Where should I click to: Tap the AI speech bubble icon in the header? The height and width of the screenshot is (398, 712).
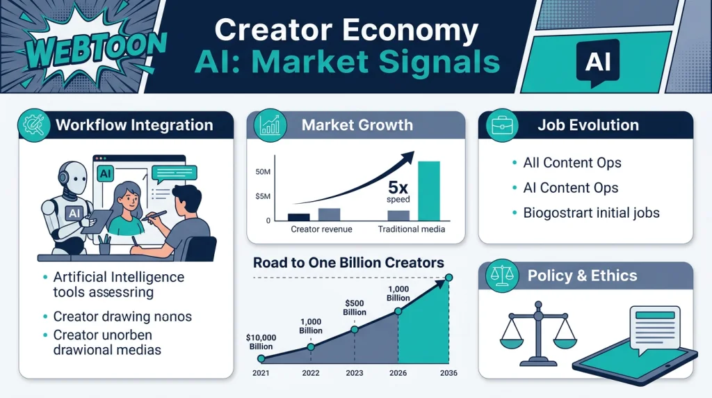tap(597, 62)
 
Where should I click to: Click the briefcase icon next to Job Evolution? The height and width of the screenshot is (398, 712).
tap(501, 125)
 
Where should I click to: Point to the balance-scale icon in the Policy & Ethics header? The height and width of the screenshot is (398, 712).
tap(501, 276)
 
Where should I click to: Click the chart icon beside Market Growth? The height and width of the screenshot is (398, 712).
tap(269, 125)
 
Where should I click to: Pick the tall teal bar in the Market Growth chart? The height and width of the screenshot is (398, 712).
tap(429, 190)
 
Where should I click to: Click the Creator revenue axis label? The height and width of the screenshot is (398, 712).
tap(321, 229)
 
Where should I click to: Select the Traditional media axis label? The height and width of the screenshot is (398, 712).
tap(411, 229)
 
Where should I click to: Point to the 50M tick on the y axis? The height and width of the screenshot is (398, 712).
tap(263, 172)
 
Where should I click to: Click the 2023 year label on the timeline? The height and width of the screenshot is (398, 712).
tap(355, 373)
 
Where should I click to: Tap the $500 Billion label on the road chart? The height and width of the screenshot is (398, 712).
tap(355, 307)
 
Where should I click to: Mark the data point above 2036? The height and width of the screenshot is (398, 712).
tap(449, 278)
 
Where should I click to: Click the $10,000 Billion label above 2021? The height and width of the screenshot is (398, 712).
tap(261, 342)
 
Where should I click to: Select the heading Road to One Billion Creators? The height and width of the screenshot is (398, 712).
tap(348, 263)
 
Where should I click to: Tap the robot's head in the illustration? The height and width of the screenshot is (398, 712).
tap(70, 173)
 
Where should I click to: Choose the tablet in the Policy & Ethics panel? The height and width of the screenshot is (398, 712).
tap(634, 358)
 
